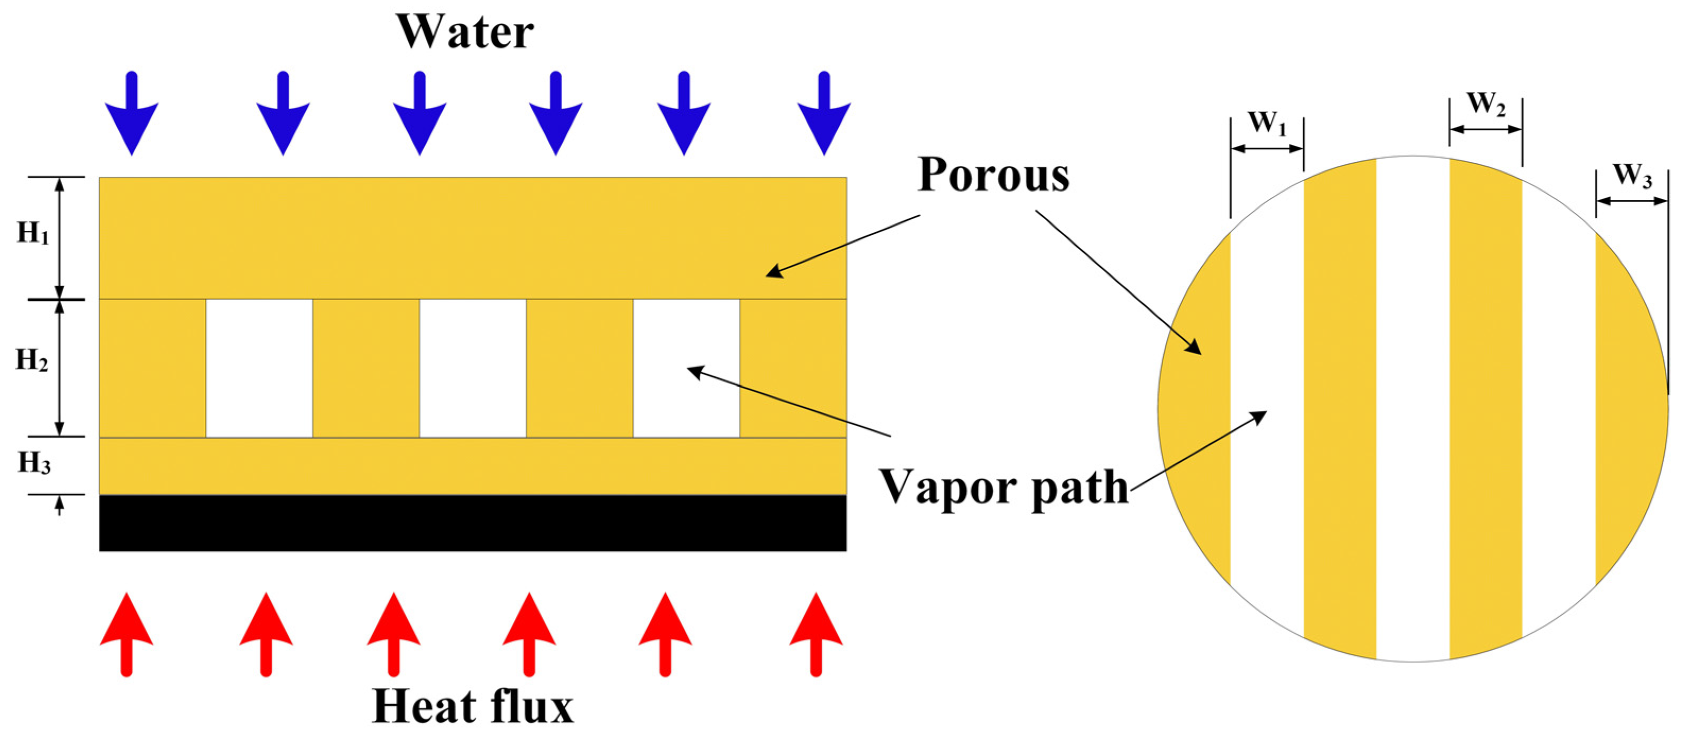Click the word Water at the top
tap(465, 31)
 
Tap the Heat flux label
tap(472, 706)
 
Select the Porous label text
tap(993, 175)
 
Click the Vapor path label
tap(1003, 488)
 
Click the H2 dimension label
tap(31, 360)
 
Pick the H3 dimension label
tap(33, 463)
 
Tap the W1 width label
tap(1267, 123)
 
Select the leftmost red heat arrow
tap(127, 633)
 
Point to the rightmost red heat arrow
tap(815, 633)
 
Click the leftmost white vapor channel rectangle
tap(259, 368)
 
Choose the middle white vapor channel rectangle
tap(472, 368)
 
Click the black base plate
tap(472, 523)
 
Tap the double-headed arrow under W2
tap(1486, 129)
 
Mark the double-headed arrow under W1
tap(1267, 149)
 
